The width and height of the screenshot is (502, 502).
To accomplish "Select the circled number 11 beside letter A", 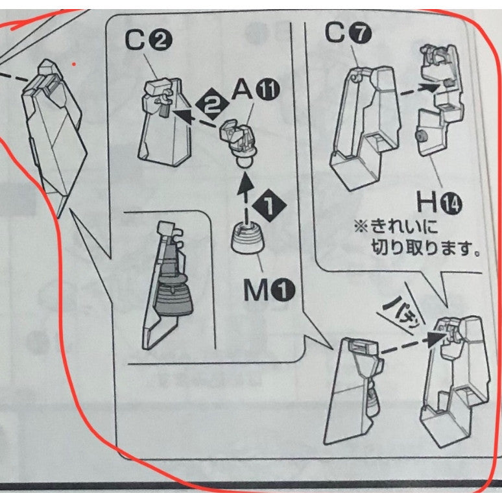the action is (267, 90).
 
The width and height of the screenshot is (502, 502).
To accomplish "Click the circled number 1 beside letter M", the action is (283, 290).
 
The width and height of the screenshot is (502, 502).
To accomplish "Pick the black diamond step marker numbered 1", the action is (270, 205).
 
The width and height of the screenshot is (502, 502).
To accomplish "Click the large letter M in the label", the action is (256, 290).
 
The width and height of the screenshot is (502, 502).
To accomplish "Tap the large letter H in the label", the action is (427, 202).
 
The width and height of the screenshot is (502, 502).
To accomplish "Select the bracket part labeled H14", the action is (440, 100).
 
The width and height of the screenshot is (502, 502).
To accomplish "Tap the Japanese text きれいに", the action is (404, 227).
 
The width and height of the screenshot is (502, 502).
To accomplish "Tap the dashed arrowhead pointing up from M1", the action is (246, 183).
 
